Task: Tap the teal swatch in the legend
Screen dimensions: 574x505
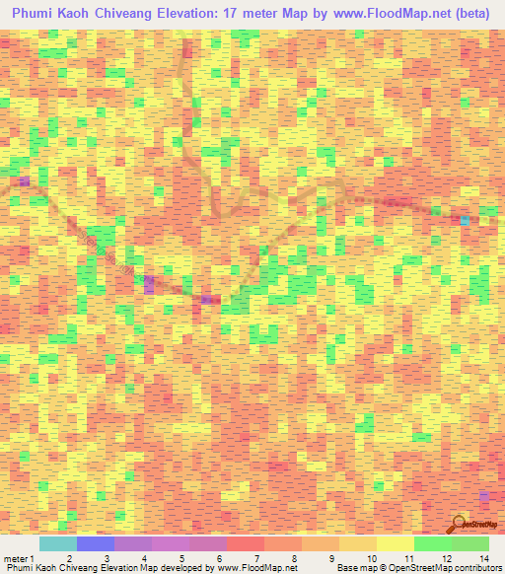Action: (x=58, y=543)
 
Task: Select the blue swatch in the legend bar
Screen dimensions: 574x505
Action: (x=96, y=543)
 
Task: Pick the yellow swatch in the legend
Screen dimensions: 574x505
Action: (x=396, y=543)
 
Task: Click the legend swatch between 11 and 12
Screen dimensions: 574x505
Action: (x=433, y=543)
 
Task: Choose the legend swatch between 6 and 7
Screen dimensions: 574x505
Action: (x=246, y=543)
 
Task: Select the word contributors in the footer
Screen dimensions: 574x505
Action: (x=478, y=568)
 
